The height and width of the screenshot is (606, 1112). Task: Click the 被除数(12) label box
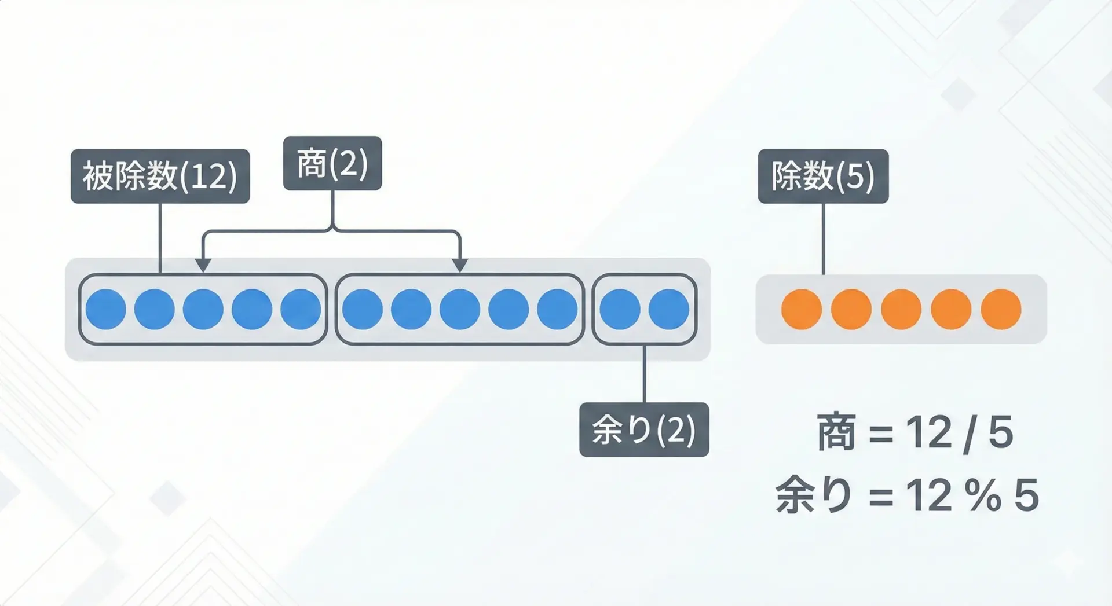point(160,176)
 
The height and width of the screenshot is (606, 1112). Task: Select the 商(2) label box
point(332,163)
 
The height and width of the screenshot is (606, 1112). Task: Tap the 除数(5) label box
point(823,176)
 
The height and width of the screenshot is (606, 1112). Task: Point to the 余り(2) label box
point(644,429)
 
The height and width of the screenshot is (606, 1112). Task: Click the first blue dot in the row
point(106,309)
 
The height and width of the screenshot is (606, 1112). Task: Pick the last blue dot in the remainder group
point(668,309)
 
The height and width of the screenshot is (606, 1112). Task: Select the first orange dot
point(802,309)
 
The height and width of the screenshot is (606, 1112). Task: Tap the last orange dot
point(1001,309)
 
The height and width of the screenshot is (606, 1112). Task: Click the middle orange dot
point(901,309)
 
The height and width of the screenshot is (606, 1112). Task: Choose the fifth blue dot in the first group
point(301,309)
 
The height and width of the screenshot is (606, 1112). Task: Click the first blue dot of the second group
point(363,309)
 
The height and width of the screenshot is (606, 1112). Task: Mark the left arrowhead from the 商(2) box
point(202,265)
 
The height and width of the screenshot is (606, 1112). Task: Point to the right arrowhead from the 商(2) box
point(459,265)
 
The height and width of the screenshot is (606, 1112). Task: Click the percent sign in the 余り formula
point(983,495)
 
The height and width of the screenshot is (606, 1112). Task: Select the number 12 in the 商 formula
point(929,433)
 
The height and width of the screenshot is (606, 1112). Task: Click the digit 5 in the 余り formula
point(1026,495)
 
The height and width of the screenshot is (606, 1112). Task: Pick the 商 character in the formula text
point(836,433)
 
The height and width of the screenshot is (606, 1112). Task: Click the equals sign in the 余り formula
point(881,497)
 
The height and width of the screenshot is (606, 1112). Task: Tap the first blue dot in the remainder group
point(620,309)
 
